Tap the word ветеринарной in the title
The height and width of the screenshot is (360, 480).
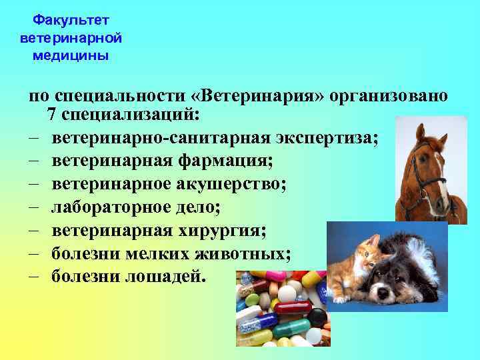tap(71, 38)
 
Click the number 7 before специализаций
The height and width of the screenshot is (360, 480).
tap(52, 114)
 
